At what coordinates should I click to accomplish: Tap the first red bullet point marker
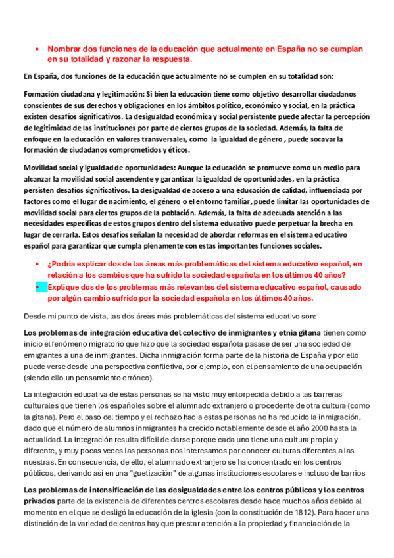37,49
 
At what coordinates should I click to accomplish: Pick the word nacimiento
155,200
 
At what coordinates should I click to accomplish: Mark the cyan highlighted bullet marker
38,287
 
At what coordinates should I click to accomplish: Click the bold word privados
39,501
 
